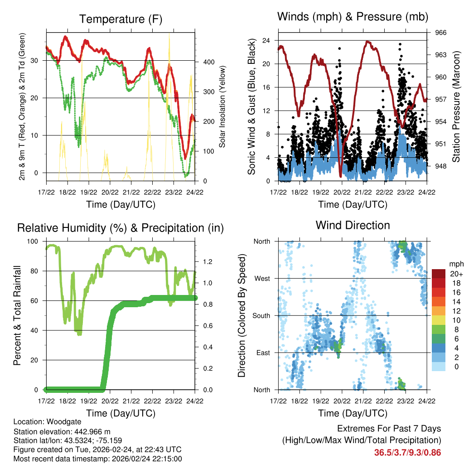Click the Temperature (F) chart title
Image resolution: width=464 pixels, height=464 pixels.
[121, 19]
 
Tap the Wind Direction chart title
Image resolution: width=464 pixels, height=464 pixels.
[353, 225]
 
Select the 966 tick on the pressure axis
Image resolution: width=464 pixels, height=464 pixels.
[441, 33]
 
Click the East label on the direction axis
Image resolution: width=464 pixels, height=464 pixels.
[262, 353]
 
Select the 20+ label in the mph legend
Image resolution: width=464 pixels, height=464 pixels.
[456, 274]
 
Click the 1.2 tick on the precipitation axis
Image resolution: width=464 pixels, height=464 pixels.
[208, 261]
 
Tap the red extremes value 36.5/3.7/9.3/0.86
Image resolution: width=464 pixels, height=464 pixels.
[407, 452]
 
